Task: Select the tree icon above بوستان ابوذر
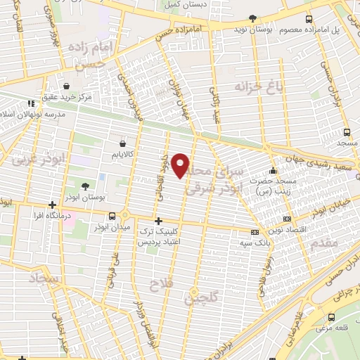click(85, 187)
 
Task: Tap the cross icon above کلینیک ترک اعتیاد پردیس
click(159, 220)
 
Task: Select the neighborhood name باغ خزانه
click(255, 88)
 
